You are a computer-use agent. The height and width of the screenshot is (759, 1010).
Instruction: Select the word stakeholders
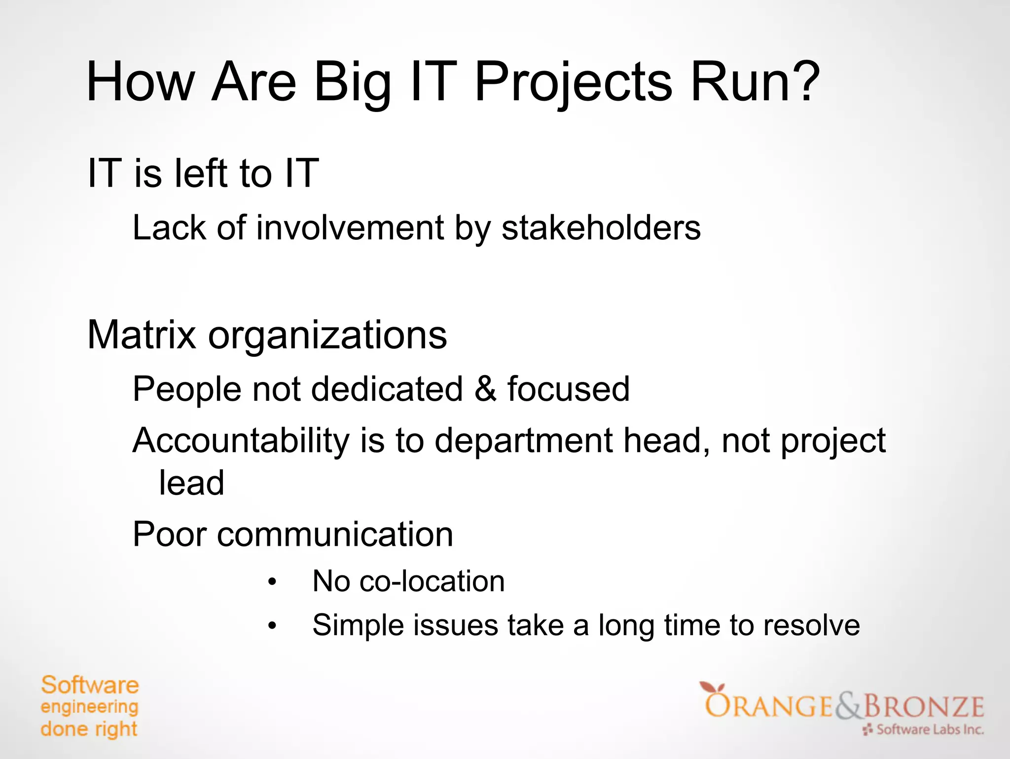pyautogui.click(x=601, y=228)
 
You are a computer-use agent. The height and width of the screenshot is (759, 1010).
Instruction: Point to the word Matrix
pyautogui.click(x=142, y=335)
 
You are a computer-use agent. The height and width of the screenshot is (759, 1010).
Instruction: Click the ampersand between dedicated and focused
pyautogui.click(x=485, y=389)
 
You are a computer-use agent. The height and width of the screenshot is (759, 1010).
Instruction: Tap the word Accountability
pyautogui.click(x=241, y=441)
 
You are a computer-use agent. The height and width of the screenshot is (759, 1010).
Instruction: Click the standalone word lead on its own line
pyautogui.click(x=191, y=483)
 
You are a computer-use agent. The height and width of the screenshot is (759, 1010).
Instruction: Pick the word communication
pyautogui.click(x=335, y=534)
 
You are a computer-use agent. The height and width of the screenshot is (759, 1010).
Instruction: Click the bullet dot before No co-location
pyautogui.click(x=272, y=582)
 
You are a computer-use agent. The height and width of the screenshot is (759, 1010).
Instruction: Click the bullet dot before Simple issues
pyautogui.click(x=272, y=626)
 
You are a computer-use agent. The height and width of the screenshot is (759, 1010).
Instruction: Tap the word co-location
pyautogui.click(x=432, y=581)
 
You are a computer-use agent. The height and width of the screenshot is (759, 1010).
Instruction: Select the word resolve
pyautogui.click(x=811, y=625)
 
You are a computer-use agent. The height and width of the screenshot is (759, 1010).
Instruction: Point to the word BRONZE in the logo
pyautogui.click(x=923, y=706)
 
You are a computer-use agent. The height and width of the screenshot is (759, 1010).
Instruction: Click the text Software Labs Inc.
pyautogui.click(x=929, y=729)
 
